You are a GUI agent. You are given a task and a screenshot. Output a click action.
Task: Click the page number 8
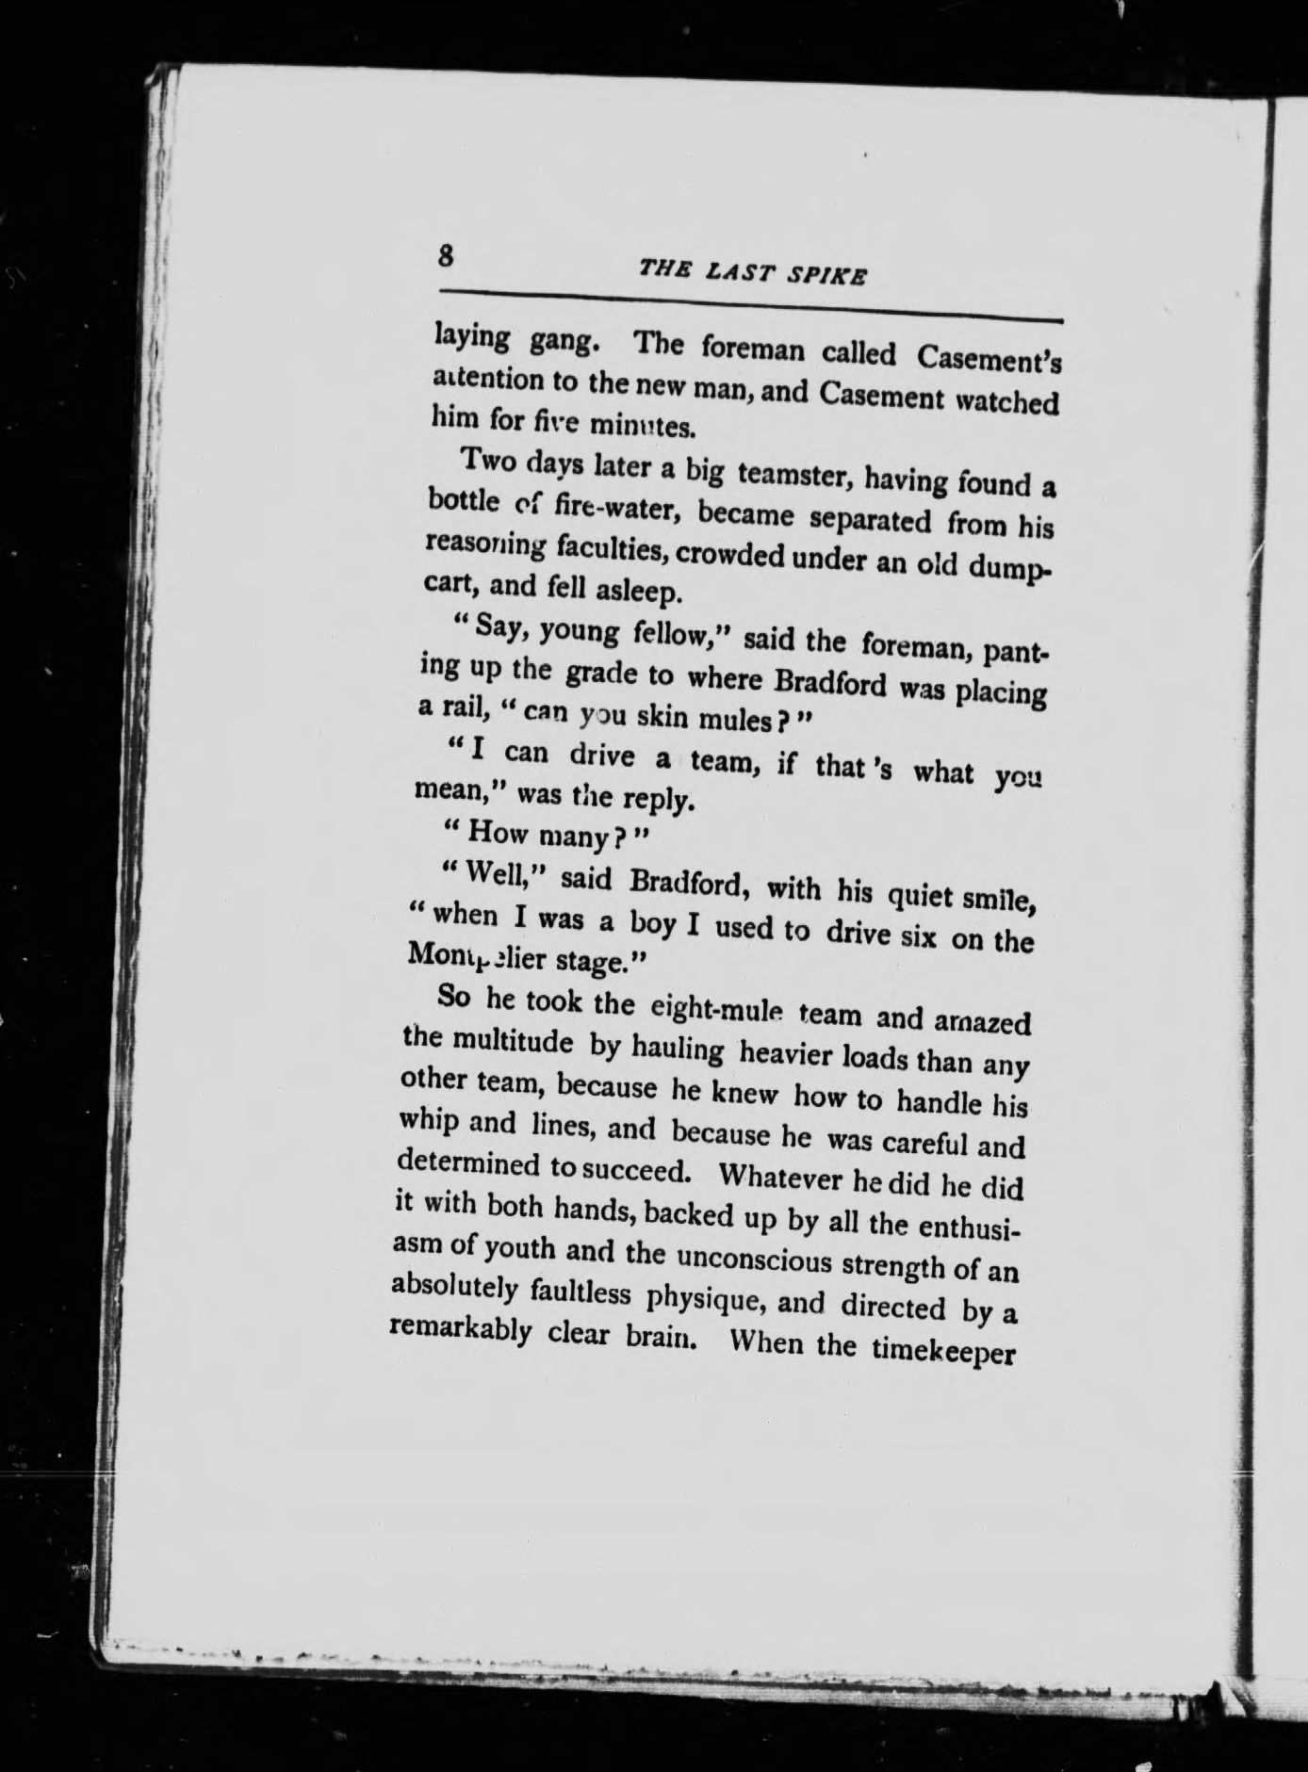(x=446, y=255)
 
